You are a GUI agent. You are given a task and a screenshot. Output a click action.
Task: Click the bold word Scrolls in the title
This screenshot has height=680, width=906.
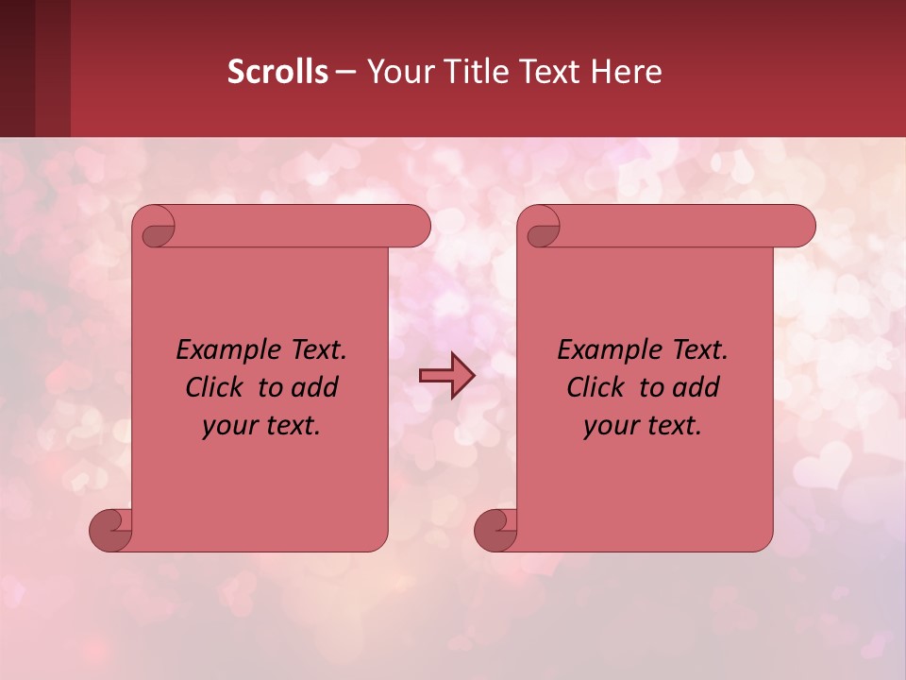pos(277,71)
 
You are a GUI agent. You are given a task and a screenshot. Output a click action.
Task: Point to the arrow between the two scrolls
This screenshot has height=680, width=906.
pos(446,376)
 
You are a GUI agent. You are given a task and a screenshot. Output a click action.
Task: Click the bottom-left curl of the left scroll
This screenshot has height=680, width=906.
pos(110,530)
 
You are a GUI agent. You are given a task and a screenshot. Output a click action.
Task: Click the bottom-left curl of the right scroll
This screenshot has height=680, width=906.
pos(495,530)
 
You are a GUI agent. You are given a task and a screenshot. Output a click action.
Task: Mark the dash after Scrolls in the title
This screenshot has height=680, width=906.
pos(345,71)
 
